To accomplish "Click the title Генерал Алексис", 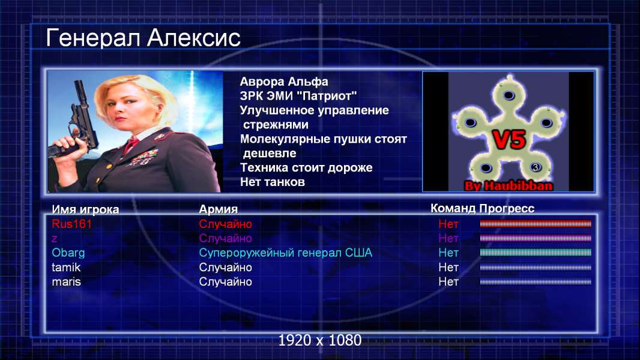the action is [x=143, y=38].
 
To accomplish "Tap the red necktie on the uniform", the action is [x=131, y=144].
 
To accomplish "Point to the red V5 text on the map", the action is [x=509, y=139].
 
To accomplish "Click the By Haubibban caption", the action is [x=509, y=186].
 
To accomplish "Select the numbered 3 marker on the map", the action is [x=536, y=167].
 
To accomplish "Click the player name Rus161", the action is [x=72, y=224].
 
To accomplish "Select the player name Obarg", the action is [x=68, y=253].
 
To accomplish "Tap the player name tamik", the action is [x=66, y=268].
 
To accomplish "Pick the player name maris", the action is [x=66, y=282].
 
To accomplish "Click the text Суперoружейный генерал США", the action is [x=285, y=253].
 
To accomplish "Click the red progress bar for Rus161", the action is [x=536, y=224].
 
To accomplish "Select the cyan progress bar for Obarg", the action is [x=536, y=253].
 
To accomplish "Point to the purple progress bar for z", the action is [x=536, y=238].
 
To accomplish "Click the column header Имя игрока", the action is [x=85, y=209].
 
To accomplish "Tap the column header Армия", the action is [x=218, y=209].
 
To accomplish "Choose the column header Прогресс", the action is [x=507, y=209].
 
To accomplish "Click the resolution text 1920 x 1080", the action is [x=320, y=340].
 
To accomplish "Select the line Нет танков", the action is [x=272, y=182].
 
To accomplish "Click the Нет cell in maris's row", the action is [x=448, y=282].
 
